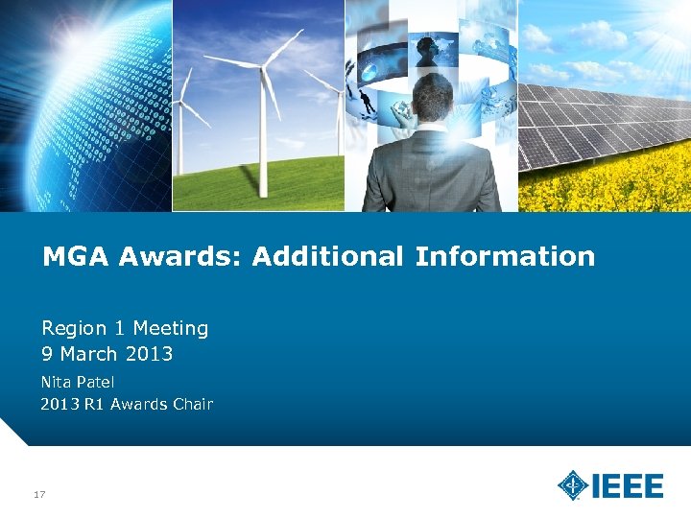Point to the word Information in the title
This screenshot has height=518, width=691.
(505, 257)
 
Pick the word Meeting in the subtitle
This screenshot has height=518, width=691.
(171, 328)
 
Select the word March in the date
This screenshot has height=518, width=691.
(88, 354)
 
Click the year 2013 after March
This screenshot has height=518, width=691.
(149, 354)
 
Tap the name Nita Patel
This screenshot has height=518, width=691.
(77, 382)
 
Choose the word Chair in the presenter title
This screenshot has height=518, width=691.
(192, 404)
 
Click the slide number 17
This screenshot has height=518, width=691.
(40, 494)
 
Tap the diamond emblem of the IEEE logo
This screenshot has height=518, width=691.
(573, 485)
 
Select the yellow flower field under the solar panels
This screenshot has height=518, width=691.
(614, 187)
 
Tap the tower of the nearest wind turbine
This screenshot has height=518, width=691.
(261, 144)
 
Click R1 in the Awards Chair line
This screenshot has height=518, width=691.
(94, 404)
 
